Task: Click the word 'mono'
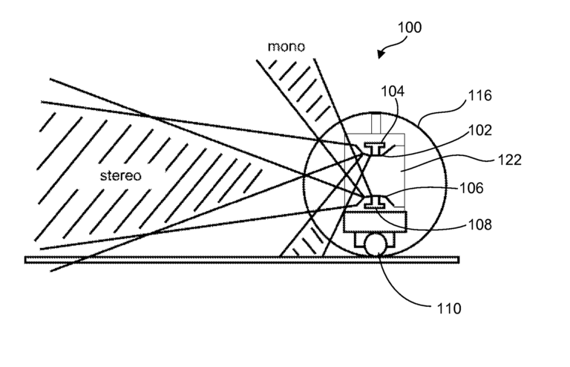click(x=286, y=47)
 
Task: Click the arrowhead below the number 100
click(x=382, y=54)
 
